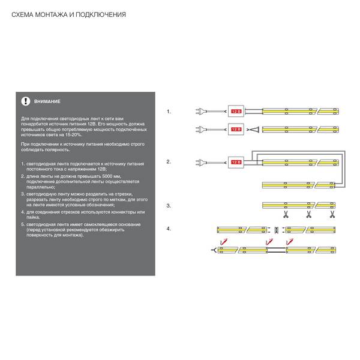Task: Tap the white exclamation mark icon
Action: [x=26, y=101]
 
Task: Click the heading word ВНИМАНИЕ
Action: [x=47, y=101]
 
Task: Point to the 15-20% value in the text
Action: [x=73, y=135]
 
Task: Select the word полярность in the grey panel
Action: [x=58, y=150]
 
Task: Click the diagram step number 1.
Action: [x=169, y=112]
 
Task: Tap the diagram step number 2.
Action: [x=169, y=162]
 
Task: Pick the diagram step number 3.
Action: [x=169, y=206]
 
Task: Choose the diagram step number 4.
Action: [x=169, y=229]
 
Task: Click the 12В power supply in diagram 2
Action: [x=236, y=163]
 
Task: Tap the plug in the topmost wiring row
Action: [x=199, y=112]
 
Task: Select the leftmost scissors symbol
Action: [x=286, y=214]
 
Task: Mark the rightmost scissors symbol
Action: [x=332, y=214]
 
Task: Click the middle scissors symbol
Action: [x=309, y=214]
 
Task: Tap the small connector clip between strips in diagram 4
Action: [x=276, y=230]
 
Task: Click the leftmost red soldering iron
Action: [x=224, y=242]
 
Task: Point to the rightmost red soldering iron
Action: [x=290, y=242]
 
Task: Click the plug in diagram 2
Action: [x=199, y=163]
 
